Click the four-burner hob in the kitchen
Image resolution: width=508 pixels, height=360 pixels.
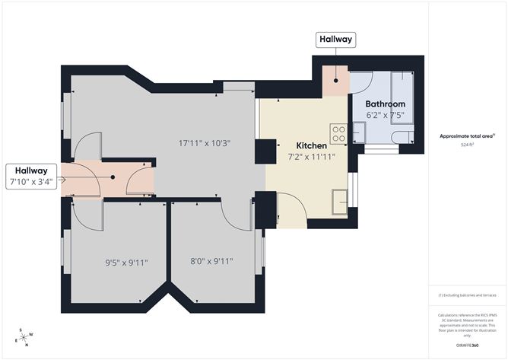(x=339, y=134)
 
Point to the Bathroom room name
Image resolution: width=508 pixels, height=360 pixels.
(x=385, y=104)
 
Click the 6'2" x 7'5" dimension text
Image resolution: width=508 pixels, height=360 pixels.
(x=385, y=115)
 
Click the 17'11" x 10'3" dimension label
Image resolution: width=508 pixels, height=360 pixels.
(x=204, y=142)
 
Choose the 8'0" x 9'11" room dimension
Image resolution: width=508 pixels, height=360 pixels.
(x=211, y=262)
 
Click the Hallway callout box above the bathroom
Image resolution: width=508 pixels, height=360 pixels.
(x=335, y=40)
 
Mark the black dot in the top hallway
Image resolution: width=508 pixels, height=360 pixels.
(x=335, y=79)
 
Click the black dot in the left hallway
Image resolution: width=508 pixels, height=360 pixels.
(x=113, y=177)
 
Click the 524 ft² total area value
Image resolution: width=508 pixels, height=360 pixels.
(x=467, y=144)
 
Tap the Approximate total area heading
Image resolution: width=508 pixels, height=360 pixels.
(x=467, y=135)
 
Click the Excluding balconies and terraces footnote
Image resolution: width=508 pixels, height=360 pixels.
(x=467, y=295)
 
